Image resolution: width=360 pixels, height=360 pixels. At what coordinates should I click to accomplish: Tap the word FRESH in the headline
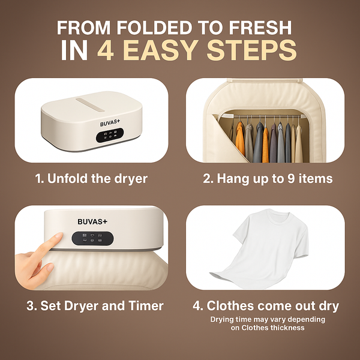pos(262,28)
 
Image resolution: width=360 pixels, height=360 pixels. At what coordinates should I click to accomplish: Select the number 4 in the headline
pos(107,52)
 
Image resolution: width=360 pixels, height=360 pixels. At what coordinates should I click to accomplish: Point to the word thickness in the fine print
pos(286,328)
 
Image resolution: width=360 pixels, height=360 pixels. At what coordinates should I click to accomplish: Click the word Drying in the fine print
pos(223,319)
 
